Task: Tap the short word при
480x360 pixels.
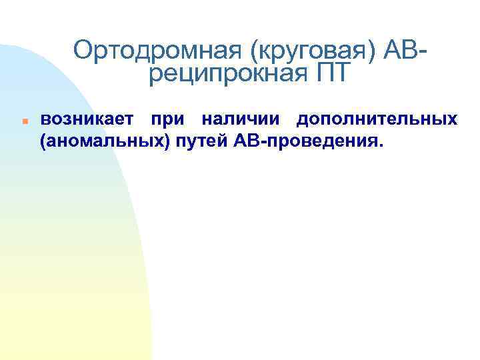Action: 165,120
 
